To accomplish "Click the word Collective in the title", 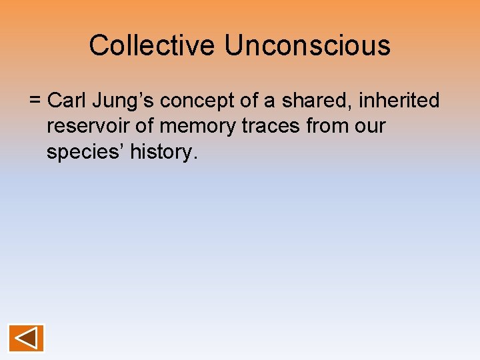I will click(153, 46).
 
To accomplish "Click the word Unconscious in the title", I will click(307, 46).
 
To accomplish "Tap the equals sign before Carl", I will click(35, 101).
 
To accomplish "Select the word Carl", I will click(65, 101).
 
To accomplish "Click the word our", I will click(371, 127).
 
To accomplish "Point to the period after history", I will click(195, 157).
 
